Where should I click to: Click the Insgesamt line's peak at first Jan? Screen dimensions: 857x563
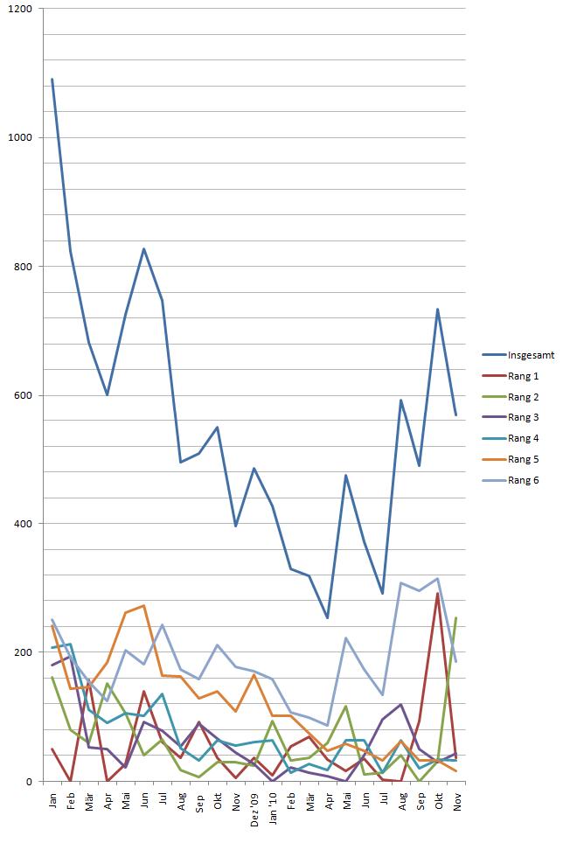tap(52, 80)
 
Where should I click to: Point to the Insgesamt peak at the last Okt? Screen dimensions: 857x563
tap(437, 310)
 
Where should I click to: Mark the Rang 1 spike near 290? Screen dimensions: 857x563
tap(437, 594)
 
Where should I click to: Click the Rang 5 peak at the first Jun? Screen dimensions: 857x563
tap(144, 605)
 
